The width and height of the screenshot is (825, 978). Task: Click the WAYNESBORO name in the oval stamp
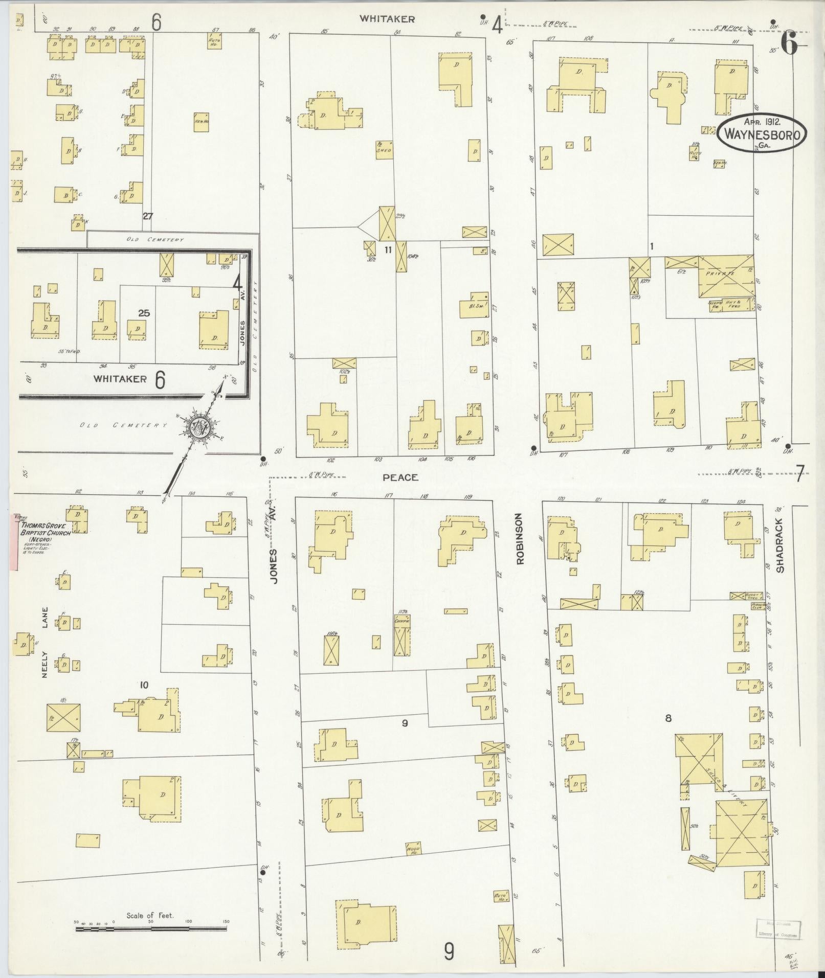coord(762,134)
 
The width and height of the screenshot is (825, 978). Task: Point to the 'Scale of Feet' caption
coord(150,915)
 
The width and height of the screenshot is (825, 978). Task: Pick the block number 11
coord(388,249)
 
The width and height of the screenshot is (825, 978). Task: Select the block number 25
coord(144,313)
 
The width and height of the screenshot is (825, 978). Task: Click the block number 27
coord(147,216)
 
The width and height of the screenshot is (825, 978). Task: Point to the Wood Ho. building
coord(413,849)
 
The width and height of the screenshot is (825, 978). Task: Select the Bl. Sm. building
coord(474,305)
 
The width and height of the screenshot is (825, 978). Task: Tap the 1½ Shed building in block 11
coord(384,148)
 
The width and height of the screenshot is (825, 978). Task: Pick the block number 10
coord(144,685)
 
